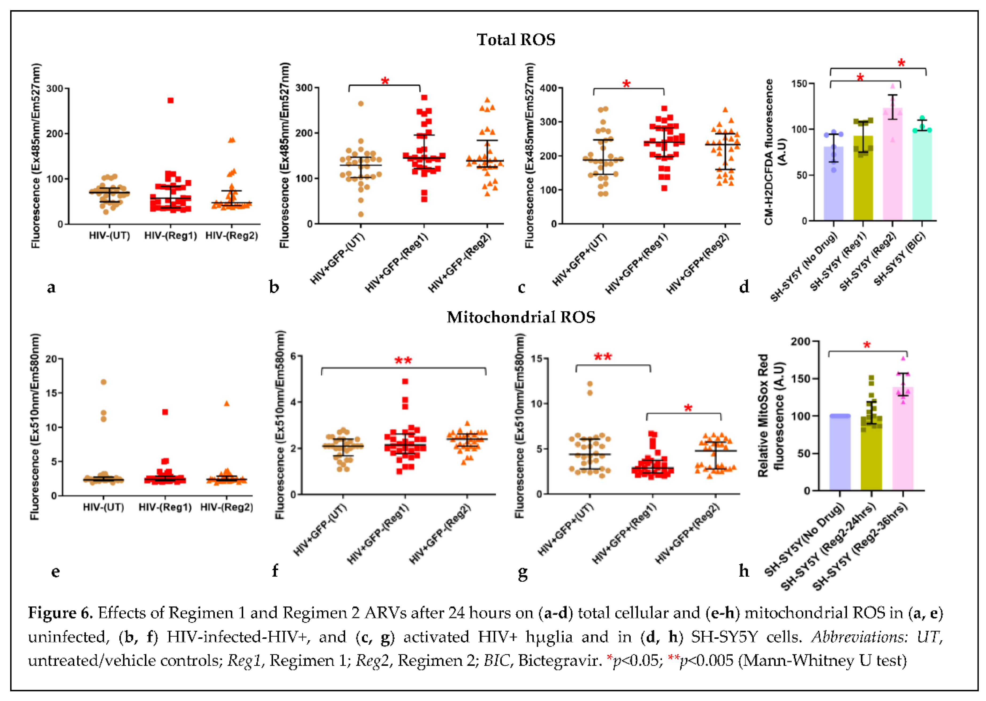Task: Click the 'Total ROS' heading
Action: (516, 40)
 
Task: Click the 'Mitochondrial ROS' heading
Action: (521, 317)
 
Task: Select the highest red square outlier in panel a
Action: (170, 100)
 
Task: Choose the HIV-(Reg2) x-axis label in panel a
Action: (232, 236)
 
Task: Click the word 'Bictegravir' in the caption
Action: (559, 660)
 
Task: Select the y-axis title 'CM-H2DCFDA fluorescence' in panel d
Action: (769, 152)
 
